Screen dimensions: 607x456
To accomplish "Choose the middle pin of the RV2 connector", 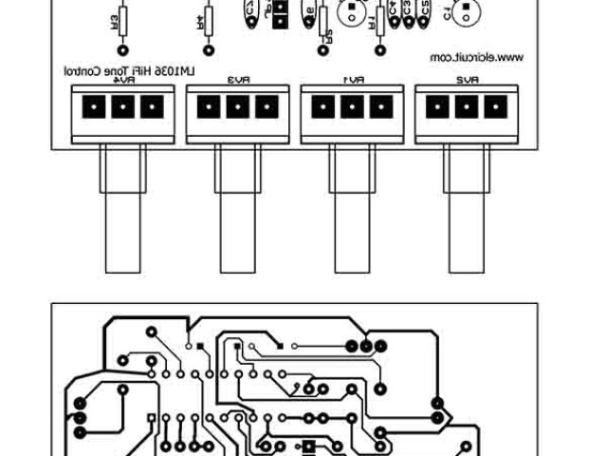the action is [465, 107].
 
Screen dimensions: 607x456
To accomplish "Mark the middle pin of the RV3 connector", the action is [236, 107].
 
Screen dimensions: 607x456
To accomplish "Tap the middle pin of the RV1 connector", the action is [351, 107].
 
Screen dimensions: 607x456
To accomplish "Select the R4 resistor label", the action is [201, 19].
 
